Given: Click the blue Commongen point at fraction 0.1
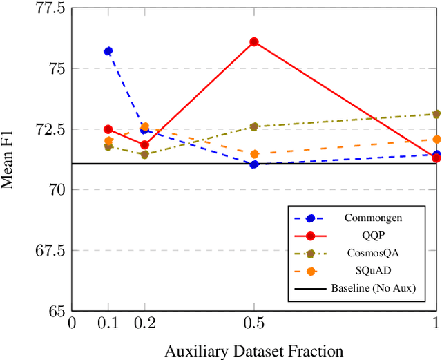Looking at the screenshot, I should (x=108, y=51).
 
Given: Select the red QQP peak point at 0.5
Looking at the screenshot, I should (x=254, y=41).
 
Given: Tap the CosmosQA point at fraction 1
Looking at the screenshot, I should (x=436, y=114).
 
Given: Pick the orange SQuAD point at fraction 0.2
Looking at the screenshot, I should (x=145, y=127).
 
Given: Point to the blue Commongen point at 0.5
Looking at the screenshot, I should (x=254, y=164).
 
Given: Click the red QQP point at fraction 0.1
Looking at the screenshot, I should (x=108, y=129).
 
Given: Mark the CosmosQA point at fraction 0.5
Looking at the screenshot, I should (x=254, y=126).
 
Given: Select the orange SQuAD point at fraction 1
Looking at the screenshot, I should (x=436, y=140).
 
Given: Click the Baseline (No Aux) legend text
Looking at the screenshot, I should (x=373, y=287).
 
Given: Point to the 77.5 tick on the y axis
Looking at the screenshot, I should (x=49, y=9).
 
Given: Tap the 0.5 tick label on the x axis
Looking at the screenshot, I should (x=254, y=323).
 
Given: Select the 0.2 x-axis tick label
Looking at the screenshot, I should (x=145, y=323).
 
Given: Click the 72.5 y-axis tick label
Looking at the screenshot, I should (x=49, y=129).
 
